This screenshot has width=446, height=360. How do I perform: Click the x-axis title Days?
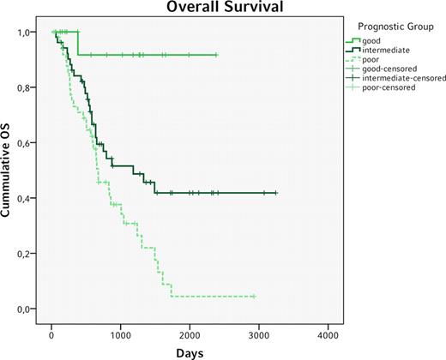pos(191,352)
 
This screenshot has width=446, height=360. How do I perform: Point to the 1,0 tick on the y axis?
pos(27,33)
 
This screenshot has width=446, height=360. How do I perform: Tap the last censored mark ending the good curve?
pos(217,55)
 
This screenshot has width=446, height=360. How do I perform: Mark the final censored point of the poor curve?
pos(254,297)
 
